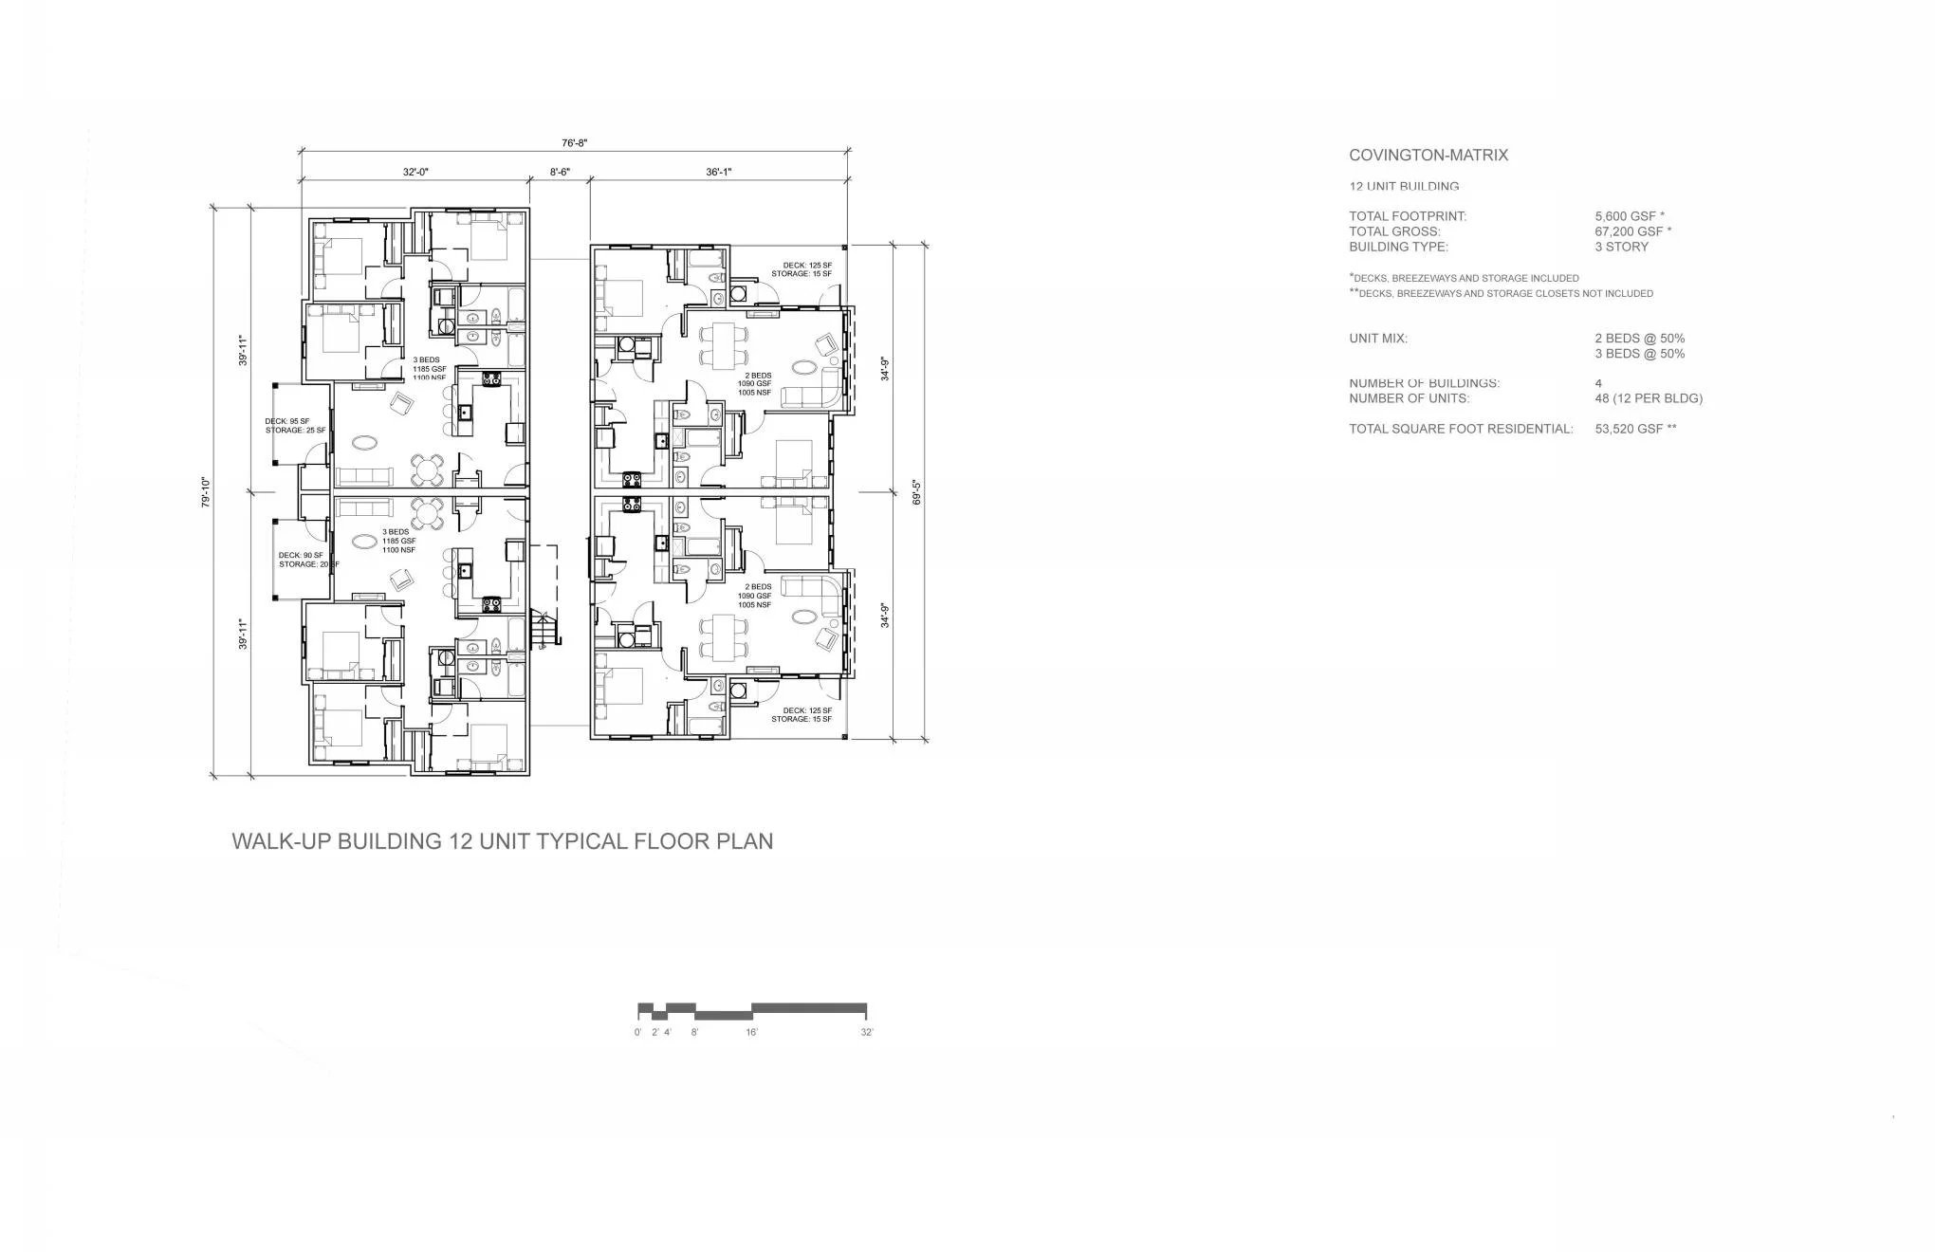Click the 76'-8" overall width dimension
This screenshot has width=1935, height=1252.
point(575,143)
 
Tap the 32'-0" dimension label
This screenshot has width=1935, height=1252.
point(415,172)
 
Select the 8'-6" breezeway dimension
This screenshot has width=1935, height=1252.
point(560,172)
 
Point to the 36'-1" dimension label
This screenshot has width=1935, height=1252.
point(718,172)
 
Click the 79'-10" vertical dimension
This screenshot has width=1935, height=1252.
point(205,492)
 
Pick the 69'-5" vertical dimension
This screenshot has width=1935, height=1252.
point(916,492)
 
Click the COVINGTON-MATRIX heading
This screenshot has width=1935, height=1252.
point(1428,156)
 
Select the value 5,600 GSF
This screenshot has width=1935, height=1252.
point(1625,216)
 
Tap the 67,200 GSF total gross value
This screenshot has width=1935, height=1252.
point(1628,231)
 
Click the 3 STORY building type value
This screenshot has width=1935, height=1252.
point(1621,247)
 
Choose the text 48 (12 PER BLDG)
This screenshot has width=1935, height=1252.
point(1648,398)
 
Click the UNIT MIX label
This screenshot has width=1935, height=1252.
point(1377,339)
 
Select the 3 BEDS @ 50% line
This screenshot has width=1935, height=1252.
point(1639,354)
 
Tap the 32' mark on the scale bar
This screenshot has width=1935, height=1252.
point(867,1032)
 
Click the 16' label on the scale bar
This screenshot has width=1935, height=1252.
point(751,1032)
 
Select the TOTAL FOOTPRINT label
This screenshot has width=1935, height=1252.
point(1408,216)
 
